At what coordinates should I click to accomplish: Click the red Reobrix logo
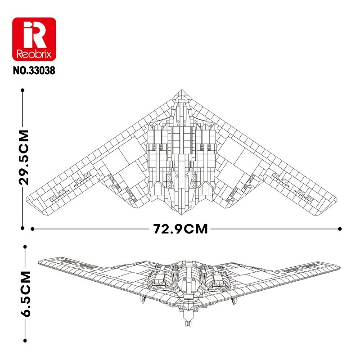click(x=34, y=39)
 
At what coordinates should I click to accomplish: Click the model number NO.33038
click(x=34, y=71)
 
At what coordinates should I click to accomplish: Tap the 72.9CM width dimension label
click(x=180, y=229)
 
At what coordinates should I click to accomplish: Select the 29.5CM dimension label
click(x=24, y=157)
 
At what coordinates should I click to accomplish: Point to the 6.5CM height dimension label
click(x=25, y=294)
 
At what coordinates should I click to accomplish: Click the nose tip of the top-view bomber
click(x=181, y=90)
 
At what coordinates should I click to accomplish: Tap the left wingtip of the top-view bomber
click(x=27, y=198)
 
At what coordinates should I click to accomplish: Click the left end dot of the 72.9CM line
click(x=32, y=229)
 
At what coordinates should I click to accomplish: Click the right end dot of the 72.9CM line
click(x=340, y=229)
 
